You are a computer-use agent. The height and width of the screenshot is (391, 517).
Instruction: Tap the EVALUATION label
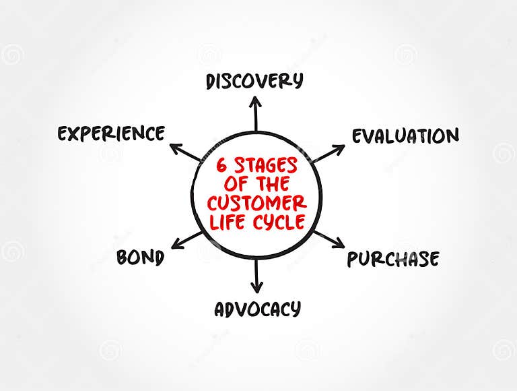pyautogui.click(x=405, y=136)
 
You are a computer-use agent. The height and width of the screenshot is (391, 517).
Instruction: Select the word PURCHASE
pyautogui.click(x=393, y=259)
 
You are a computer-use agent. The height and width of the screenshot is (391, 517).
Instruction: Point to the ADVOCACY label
pyautogui.click(x=257, y=309)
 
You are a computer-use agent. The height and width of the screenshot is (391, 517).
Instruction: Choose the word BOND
pyautogui.click(x=140, y=258)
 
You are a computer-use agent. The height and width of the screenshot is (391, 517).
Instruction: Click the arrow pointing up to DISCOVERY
pyautogui.click(x=255, y=113)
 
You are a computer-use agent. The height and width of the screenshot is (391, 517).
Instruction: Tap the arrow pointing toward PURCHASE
pyautogui.click(x=329, y=238)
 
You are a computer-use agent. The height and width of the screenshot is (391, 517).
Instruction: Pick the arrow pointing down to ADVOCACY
pyautogui.click(x=256, y=276)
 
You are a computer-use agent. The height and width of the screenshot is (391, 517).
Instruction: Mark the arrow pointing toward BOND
pyautogui.click(x=186, y=239)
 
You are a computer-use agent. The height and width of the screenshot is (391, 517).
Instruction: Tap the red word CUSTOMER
pyautogui.click(x=256, y=203)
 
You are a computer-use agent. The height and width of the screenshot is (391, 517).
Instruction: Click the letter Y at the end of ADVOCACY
pyautogui.click(x=294, y=310)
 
